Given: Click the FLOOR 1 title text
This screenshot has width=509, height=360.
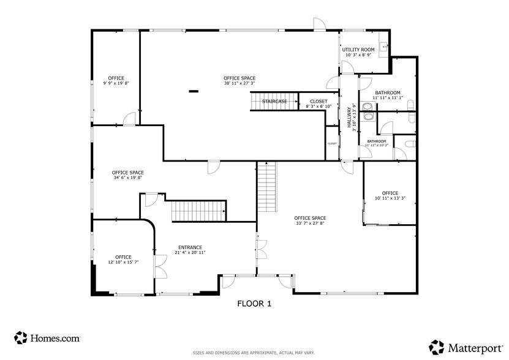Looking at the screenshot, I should coord(254,303).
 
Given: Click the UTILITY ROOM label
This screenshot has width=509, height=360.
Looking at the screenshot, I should coord(358,50).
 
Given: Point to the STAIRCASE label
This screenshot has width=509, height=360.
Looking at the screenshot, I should coord(274,102).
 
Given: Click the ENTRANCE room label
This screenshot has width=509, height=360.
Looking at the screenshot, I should coord(190,247).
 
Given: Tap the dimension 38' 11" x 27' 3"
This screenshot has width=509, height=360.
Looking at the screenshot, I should coord(239,84).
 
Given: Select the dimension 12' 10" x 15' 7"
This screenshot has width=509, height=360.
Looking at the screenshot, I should coord(123,262).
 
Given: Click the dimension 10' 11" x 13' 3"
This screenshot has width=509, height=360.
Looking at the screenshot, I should coord(390,198).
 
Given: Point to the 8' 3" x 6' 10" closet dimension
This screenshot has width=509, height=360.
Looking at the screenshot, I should coord(319,107).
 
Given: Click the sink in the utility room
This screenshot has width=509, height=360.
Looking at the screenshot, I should coord(383,45).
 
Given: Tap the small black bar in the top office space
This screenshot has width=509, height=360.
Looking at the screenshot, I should coord(194,92).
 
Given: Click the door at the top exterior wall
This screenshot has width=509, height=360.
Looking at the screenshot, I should coord(319,24).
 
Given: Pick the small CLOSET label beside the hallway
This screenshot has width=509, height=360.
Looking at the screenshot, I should coord(332,143).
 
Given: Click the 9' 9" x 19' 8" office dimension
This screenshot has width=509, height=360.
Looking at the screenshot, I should coord(116,83).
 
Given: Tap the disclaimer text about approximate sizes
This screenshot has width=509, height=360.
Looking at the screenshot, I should coord(254,353).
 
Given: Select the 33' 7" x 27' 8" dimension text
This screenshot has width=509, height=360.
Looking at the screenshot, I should coord(310,223).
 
